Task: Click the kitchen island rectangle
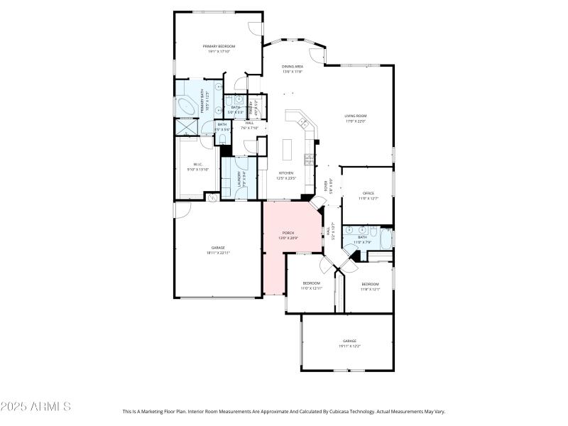point(288,150)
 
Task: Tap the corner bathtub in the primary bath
point(186,107)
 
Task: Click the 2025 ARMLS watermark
point(35,407)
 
